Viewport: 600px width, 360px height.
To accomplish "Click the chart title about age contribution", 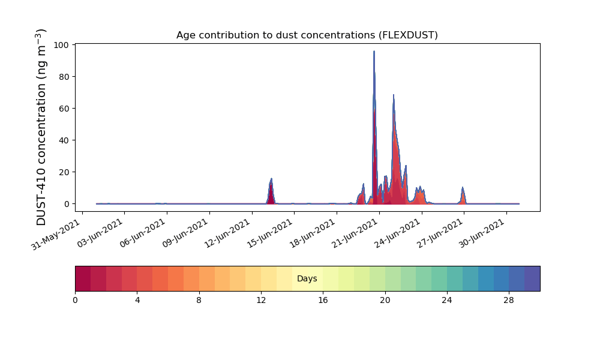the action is pyautogui.click(x=307, y=35).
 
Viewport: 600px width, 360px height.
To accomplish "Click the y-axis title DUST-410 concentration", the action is pyautogui.click(x=41, y=127).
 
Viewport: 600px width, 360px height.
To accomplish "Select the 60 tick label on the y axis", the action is pyautogui.click(x=64, y=109).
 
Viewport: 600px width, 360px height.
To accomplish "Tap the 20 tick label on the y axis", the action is pyautogui.click(x=64, y=172).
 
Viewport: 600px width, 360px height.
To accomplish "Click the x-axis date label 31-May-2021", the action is pyautogui.click(x=56, y=235).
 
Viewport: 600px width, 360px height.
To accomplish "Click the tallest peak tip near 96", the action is pyautogui.click(x=374, y=51).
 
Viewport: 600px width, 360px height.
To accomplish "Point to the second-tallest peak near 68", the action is pyautogui.click(x=394, y=95).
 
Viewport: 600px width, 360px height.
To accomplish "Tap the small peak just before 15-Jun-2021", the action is pyautogui.click(x=271, y=179).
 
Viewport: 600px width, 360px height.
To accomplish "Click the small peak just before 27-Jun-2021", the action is pyautogui.click(x=463, y=187).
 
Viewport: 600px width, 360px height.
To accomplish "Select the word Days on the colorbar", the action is pyautogui.click(x=307, y=278).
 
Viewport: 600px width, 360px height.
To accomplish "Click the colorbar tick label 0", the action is pyautogui.click(x=76, y=301).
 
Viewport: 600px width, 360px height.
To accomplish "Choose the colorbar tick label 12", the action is pyautogui.click(x=261, y=301).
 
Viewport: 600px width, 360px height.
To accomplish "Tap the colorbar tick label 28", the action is pyautogui.click(x=509, y=301).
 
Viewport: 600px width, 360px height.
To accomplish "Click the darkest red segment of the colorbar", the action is pyautogui.click(x=83, y=278).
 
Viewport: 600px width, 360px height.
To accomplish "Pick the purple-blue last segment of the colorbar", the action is pyautogui.click(x=532, y=278).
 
